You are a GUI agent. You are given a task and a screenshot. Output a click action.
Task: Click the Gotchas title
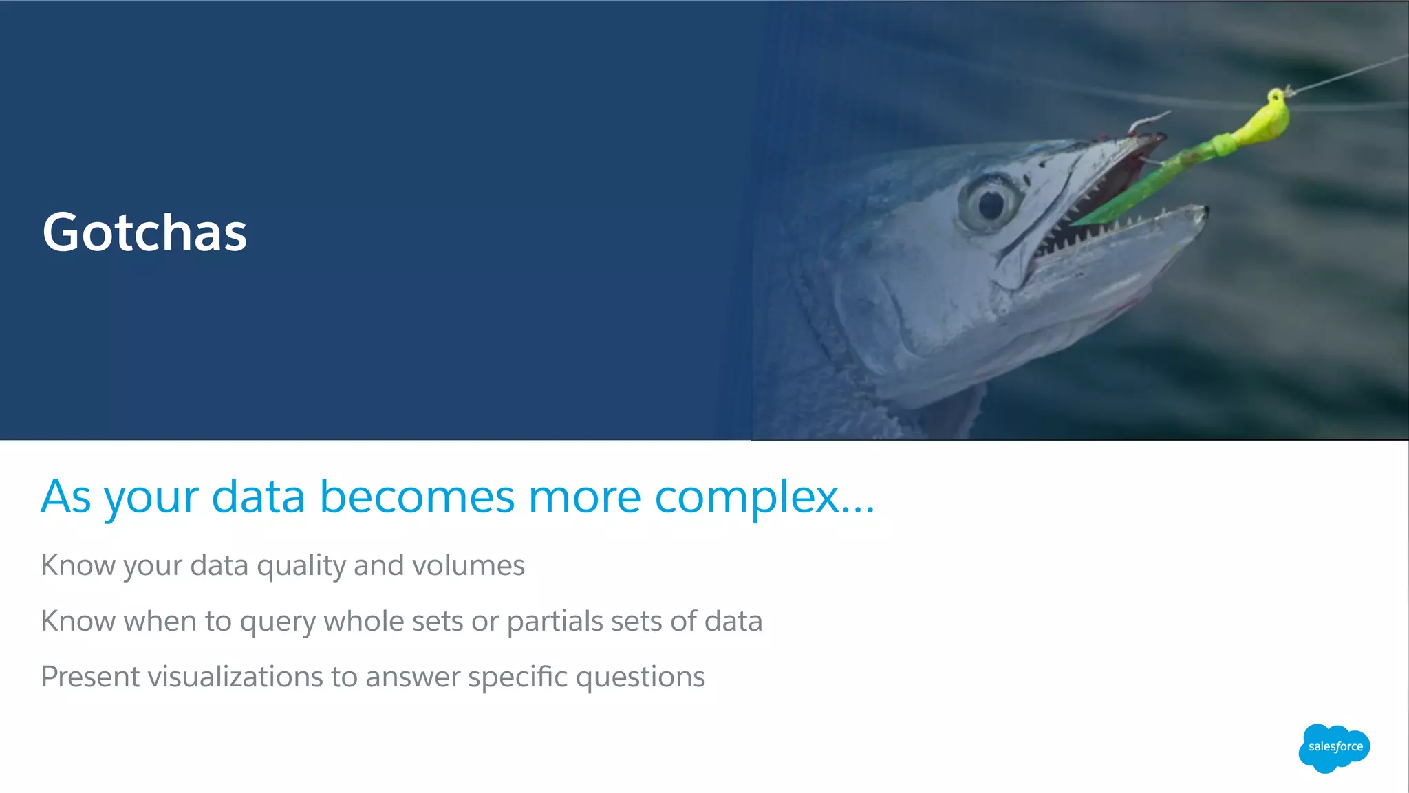144,232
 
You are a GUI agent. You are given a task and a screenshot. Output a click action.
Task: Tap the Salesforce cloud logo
1334,748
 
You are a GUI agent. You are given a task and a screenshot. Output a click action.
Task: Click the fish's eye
990,203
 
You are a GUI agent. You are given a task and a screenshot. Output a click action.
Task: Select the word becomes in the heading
417,497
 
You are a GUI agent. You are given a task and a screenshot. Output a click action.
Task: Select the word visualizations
235,677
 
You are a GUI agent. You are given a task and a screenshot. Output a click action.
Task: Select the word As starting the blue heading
66,497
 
